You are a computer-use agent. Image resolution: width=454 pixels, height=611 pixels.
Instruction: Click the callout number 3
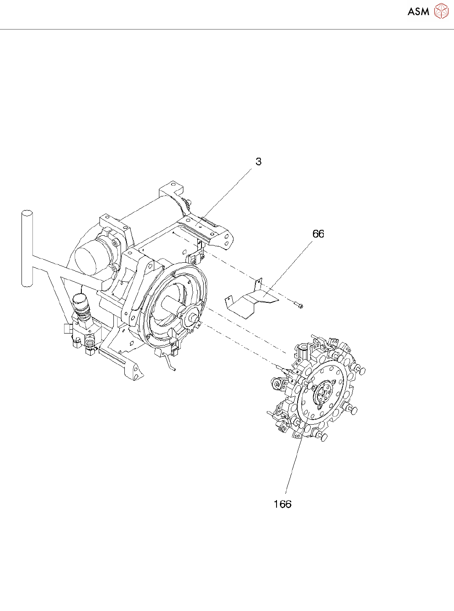258,161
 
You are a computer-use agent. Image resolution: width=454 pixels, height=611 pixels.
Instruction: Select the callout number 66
318,234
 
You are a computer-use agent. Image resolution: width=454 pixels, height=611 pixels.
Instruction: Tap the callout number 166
282,504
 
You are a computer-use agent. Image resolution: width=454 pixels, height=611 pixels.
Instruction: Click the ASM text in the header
418,12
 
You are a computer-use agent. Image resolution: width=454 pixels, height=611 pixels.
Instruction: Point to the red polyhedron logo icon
441,11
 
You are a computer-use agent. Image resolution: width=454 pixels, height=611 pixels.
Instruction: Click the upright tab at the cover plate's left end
228,301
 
